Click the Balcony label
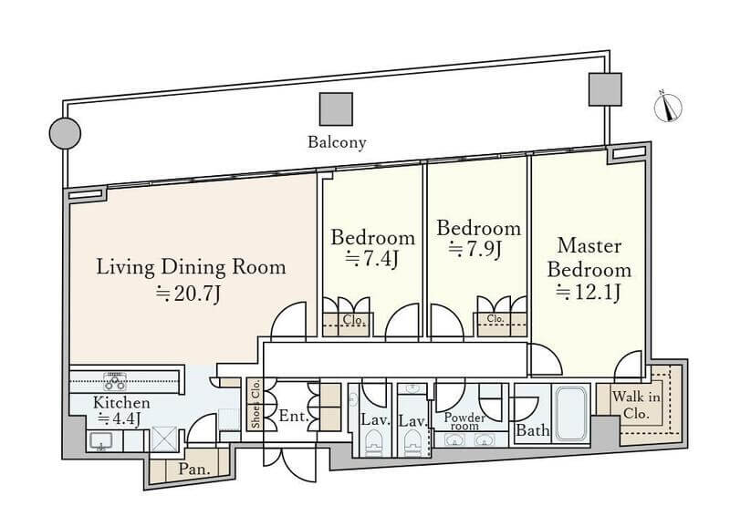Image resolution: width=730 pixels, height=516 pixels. [337, 141]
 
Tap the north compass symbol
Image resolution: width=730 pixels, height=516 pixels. [669, 107]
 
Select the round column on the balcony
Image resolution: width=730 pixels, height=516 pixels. [64, 134]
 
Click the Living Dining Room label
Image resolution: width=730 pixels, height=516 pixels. [192, 267]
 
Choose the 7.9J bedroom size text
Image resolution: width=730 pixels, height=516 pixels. [474, 249]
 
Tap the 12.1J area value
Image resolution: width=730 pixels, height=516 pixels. [589, 292]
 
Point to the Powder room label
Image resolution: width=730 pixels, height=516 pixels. [463, 420]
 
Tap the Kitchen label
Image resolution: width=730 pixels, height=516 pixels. [121, 402]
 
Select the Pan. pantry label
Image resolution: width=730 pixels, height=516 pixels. [194, 470]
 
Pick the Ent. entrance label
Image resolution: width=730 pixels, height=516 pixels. [291, 417]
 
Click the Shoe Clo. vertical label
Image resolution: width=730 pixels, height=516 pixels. [255, 404]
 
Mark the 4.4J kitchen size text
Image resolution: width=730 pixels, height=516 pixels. [119, 419]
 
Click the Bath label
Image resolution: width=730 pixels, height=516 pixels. [533, 430]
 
